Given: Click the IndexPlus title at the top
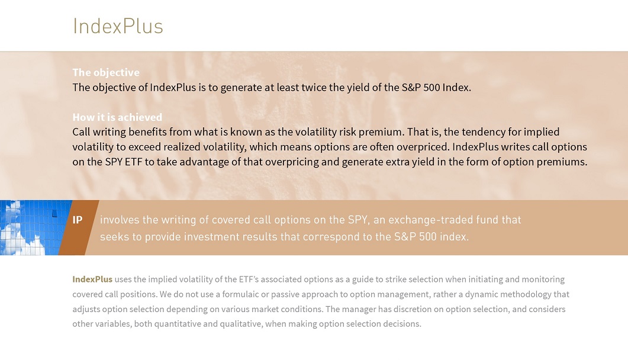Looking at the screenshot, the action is [118, 26].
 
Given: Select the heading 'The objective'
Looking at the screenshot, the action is [106, 72].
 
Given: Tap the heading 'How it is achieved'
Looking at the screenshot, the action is [117, 117].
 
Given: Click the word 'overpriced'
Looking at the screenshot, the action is [423, 147].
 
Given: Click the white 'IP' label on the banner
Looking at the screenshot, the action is [78, 220].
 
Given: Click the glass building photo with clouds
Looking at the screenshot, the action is [36, 227].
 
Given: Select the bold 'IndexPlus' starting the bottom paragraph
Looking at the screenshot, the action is [92, 279].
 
